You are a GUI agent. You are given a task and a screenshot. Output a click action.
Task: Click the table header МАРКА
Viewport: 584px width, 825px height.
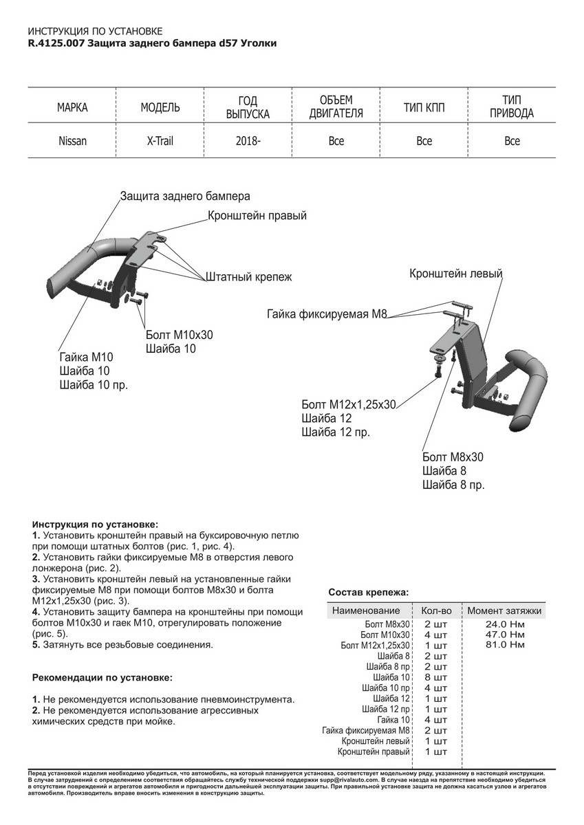[72, 108]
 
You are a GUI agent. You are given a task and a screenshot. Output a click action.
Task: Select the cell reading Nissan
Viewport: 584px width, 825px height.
[72, 141]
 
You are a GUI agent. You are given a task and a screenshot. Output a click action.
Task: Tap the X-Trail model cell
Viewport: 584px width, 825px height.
[160, 141]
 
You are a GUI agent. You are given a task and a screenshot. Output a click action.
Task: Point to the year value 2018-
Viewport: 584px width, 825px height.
[248, 141]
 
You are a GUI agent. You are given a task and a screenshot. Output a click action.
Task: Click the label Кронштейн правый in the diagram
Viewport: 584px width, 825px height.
[257, 216]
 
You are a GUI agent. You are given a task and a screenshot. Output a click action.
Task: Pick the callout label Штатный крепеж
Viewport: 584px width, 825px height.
[249, 278]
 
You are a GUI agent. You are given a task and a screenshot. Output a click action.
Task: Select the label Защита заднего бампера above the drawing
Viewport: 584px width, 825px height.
[185, 196]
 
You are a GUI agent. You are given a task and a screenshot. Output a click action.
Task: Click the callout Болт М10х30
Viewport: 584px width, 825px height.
[180, 335]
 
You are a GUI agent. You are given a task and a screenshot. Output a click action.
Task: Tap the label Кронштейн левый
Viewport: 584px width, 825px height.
[456, 274]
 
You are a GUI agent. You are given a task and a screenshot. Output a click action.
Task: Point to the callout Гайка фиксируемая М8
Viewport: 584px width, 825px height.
[327, 315]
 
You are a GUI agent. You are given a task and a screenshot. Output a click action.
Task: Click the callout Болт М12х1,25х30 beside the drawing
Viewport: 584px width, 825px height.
[349, 404]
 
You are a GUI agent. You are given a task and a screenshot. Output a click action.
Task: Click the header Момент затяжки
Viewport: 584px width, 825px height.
[504, 610]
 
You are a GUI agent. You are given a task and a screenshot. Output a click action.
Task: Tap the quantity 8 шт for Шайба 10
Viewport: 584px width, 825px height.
[436, 677]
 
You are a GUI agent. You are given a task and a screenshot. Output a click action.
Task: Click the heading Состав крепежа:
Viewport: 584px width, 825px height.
[368, 592]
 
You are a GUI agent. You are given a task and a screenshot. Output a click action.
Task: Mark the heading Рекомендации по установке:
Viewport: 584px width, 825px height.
[102, 677]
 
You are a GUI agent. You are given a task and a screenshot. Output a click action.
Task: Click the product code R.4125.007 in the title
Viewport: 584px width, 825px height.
[56, 43]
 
